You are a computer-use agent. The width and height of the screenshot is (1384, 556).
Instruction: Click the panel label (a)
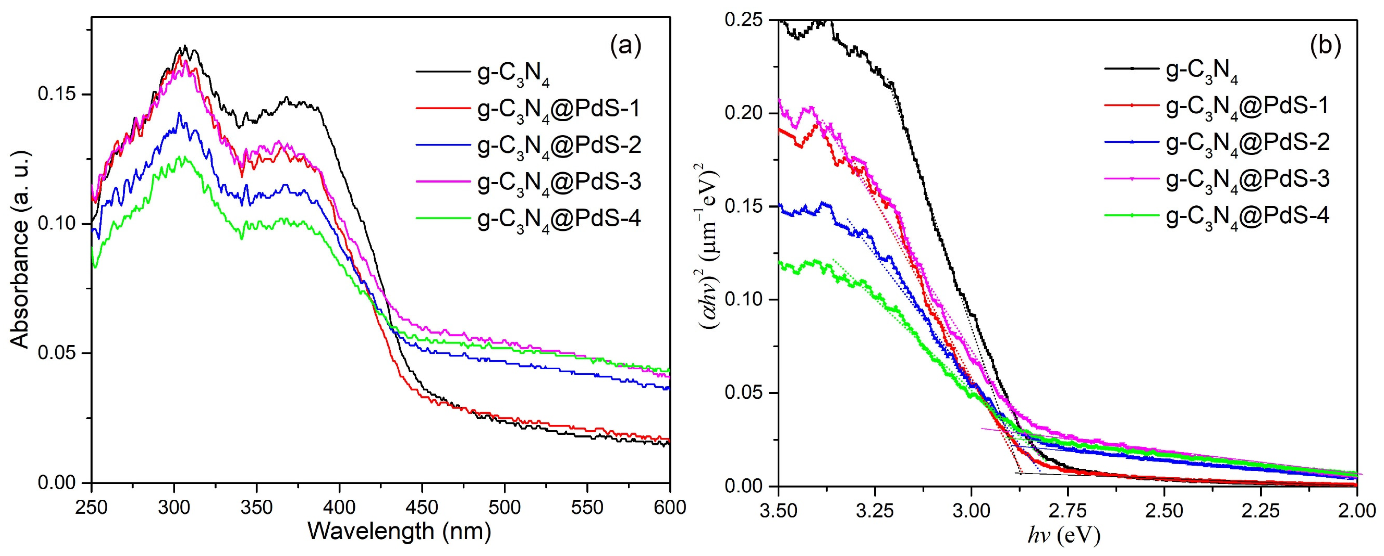625,47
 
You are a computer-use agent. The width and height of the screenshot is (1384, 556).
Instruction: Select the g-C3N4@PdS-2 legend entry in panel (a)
559,146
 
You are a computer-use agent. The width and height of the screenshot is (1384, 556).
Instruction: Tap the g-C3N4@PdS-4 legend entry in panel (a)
559,219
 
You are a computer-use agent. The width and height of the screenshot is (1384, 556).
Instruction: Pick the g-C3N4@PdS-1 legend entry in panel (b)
1246,106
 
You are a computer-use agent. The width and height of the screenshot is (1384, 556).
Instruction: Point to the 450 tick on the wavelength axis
422,508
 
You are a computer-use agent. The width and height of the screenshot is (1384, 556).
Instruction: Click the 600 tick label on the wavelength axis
669,508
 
